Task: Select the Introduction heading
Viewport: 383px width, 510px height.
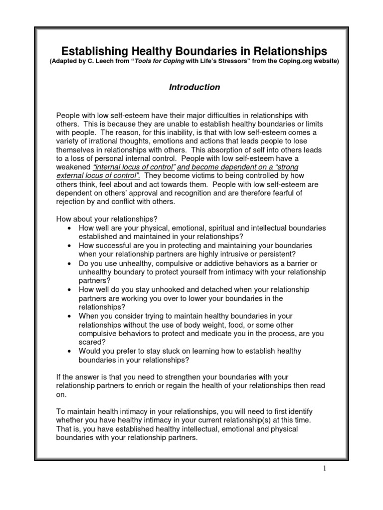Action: coord(194,87)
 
